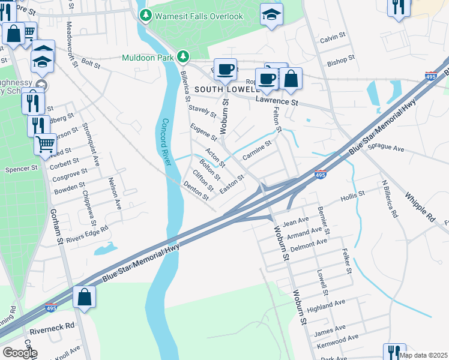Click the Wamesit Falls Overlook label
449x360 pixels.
coord(199,16)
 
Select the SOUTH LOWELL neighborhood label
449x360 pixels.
coord(224,90)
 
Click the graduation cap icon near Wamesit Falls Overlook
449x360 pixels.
coord(271,14)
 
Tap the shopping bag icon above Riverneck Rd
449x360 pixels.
coord(85,298)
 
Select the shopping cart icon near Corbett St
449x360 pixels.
coord(45,144)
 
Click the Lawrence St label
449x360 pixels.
coord(277,103)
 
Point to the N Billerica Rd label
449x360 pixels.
coord(388,199)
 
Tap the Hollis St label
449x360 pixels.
coord(352,196)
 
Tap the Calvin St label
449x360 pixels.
coord(333,37)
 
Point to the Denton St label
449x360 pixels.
coord(196,192)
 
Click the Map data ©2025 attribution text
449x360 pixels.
coord(424,355)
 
